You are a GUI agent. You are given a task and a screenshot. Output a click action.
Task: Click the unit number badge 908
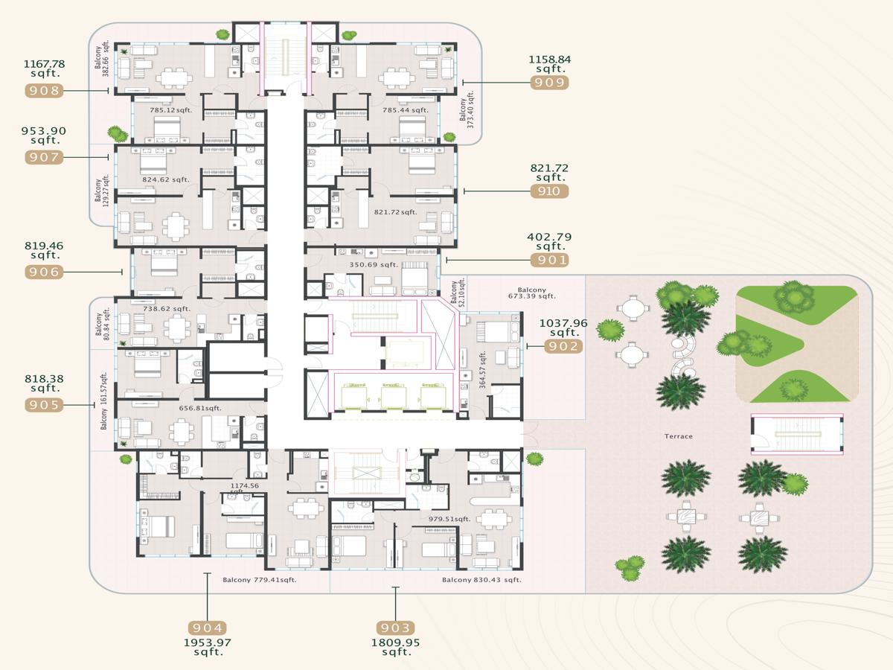click(44, 90)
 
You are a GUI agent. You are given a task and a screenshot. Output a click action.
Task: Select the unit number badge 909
click(549, 83)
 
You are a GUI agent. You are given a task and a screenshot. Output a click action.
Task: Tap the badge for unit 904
click(207, 628)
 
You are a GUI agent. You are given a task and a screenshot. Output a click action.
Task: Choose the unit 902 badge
click(563, 346)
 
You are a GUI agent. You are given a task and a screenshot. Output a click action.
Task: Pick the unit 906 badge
click(44, 272)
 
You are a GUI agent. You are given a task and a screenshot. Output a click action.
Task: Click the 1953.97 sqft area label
click(208, 647)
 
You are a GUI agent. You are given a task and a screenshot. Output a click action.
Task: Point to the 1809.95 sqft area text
click(395, 647)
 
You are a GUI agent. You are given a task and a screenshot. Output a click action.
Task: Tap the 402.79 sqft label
click(549, 241)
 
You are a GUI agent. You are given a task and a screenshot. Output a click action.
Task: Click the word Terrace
click(678, 436)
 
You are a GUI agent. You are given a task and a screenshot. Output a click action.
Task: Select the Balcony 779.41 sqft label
click(260, 580)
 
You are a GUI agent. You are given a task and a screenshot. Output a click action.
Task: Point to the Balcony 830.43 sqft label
click(481, 580)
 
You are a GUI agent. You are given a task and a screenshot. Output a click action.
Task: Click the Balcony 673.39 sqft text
click(532, 293)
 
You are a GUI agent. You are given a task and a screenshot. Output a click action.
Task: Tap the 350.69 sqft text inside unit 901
click(374, 265)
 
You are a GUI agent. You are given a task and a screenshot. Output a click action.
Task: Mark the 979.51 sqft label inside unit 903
click(449, 519)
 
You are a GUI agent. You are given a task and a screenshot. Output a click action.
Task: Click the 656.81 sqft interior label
click(200, 408)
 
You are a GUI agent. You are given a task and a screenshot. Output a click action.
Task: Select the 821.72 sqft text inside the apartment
click(395, 212)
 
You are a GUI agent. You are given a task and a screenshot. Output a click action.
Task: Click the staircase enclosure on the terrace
click(797, 434)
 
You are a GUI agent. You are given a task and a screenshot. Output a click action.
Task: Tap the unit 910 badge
click(549, 191)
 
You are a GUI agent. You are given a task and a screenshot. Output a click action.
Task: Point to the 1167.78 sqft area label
click(45, 68)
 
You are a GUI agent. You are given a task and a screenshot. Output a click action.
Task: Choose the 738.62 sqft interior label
click(167, 309)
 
